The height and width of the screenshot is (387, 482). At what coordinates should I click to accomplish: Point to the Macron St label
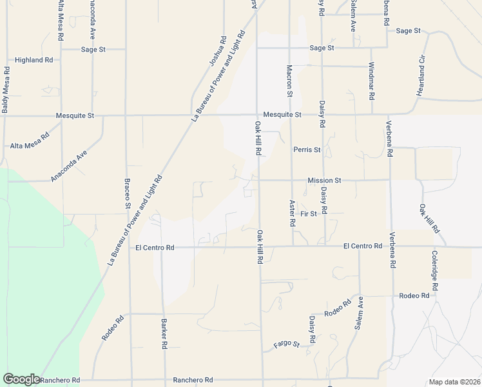pos(290,81)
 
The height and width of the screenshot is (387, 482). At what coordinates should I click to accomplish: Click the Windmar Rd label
pos(372,81)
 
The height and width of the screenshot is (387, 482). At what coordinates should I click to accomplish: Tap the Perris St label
pos(307,150)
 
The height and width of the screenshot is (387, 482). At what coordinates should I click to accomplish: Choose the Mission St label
pos(324,181)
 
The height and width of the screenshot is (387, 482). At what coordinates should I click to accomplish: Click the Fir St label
pos(309,213)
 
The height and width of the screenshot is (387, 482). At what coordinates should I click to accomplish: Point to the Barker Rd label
pos(164,333)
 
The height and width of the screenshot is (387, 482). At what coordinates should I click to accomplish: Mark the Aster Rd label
pos(292,213)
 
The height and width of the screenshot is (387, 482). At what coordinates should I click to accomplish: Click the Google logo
pos(21,379)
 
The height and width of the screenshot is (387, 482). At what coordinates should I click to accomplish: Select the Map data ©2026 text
pos(454,382)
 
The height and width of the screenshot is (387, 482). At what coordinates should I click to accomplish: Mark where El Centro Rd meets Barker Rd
pos(162,247)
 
